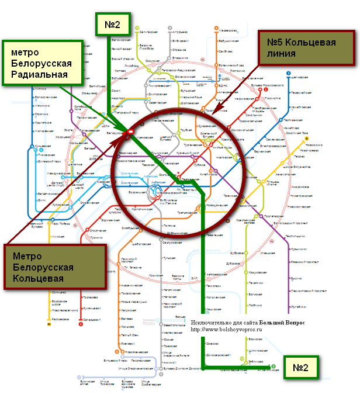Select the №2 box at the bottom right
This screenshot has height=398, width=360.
click(300, 368)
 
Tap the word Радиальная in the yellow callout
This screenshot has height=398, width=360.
click(40, 74)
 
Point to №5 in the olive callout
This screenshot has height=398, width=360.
click(279, 43)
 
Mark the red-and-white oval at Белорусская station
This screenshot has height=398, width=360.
click(128, 133)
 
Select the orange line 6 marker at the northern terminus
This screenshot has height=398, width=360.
click(216, 27)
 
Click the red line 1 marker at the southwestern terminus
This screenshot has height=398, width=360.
click(80, 324)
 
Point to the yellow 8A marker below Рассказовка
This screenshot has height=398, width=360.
click(50, 325)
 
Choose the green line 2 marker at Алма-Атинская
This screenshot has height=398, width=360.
click(272, 366)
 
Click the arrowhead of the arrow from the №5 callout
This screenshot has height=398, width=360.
click(214, 113)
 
